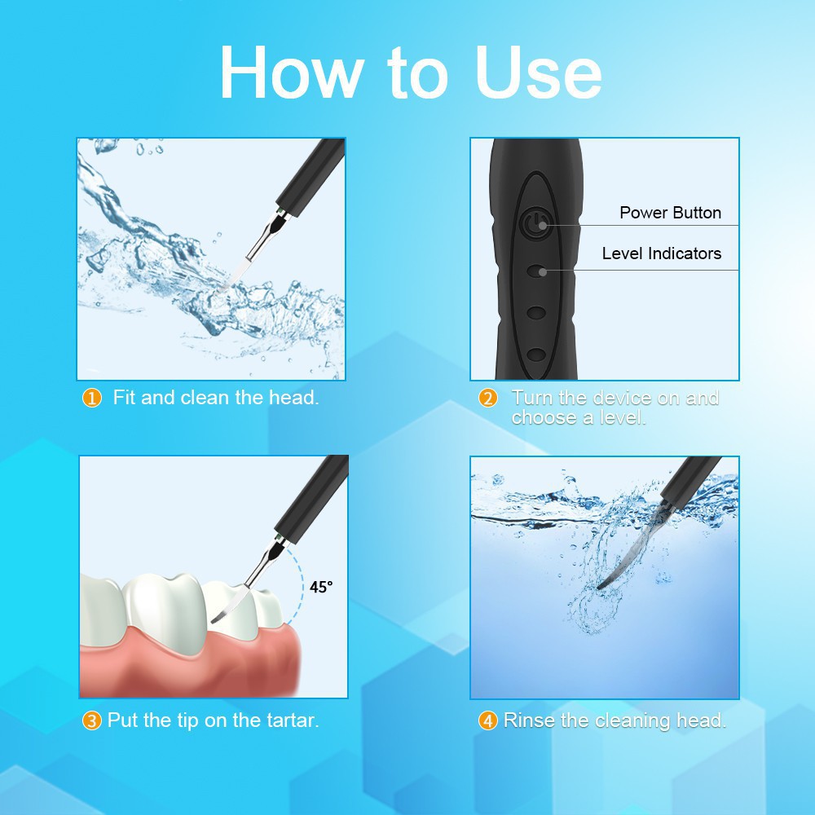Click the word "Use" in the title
click(539, 73)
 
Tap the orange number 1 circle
click(92, 399)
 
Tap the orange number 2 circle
click(488, 399)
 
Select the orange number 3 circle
click(92, 721)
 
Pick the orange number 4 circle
click(488, 721)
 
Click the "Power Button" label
click(670, 213)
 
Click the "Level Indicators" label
click(662, 253)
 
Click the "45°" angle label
click(320, 587)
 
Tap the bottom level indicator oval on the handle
click(536, 355)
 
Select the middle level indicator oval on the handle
click(536, 313)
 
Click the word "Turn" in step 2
click(532, 398)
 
